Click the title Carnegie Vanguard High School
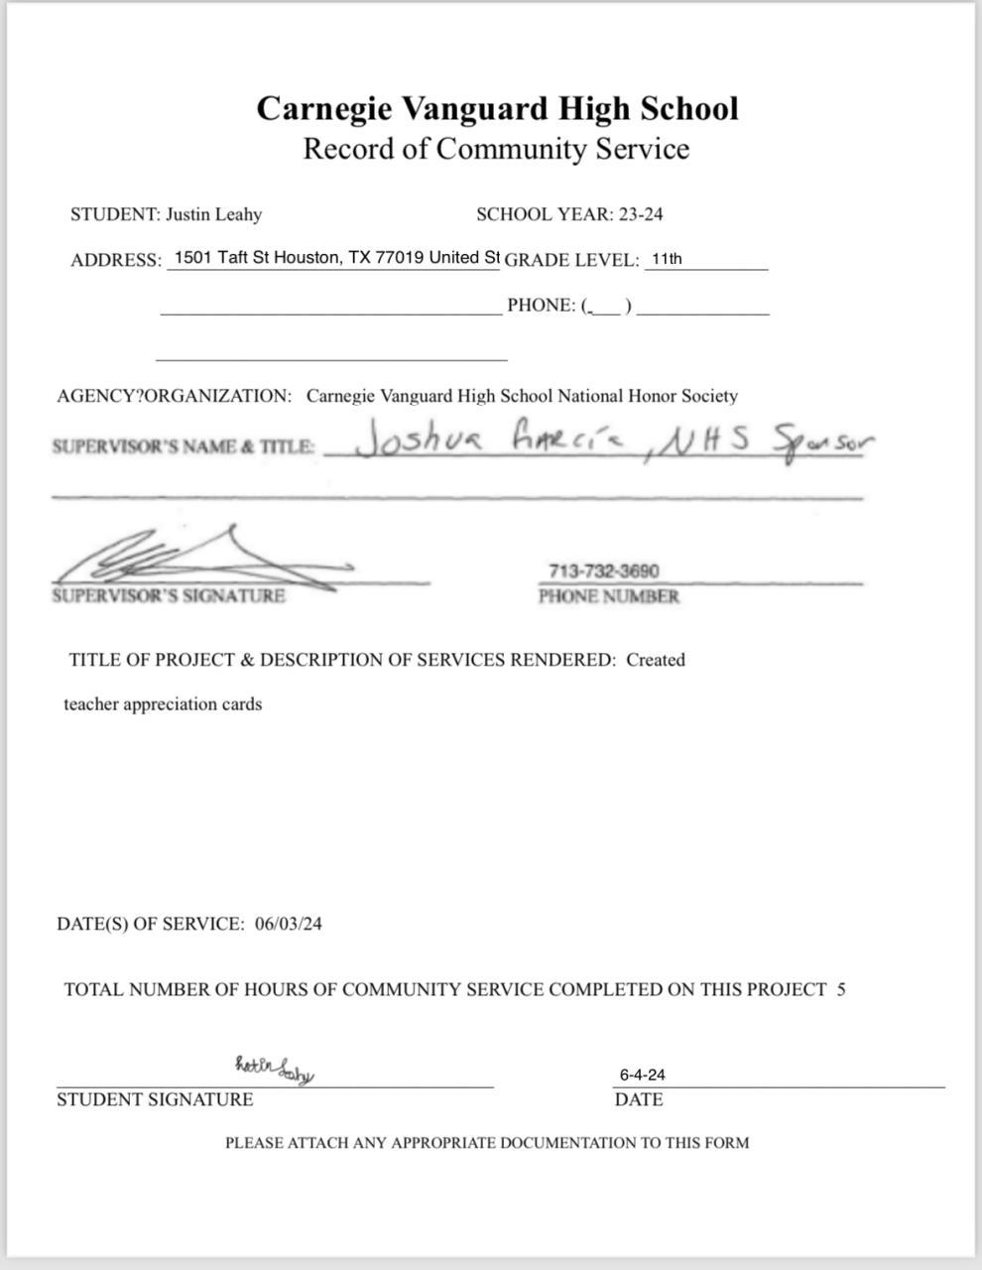(497, 108)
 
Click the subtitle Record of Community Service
(495, 149)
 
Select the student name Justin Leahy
(213, 214)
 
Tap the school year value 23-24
(640, 214)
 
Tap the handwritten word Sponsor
(818, 441)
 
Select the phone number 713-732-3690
(603, 571)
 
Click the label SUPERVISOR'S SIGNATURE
(169, 596)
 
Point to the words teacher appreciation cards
(163, 704)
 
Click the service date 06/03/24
(288, 925)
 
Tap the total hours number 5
(841, 989)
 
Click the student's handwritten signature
(274, 1069)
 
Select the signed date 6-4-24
(642, 1075)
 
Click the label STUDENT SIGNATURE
(155, 1099)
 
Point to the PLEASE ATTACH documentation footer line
(487, 1143)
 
